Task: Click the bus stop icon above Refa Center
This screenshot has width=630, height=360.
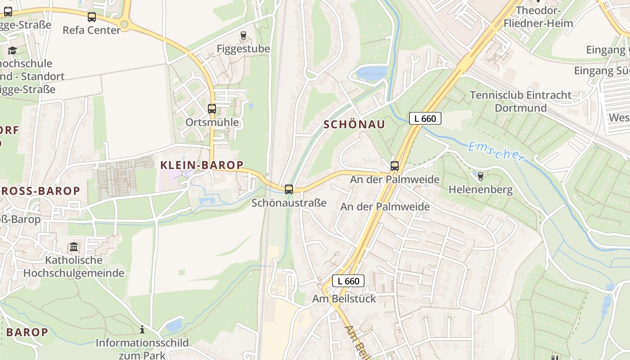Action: click(92, 17)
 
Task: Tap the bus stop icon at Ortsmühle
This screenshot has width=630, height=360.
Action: click(211, 108)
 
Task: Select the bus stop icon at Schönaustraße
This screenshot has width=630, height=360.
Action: click(289, 189)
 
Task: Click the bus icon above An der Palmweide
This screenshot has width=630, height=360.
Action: click(395, 166)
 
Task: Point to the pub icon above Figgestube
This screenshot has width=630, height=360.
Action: click(243, 35)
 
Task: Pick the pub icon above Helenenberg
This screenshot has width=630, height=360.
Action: click(480, 176)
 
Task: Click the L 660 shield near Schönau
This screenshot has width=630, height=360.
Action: click(425, 118)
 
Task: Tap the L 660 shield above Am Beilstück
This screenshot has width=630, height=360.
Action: click(348, 281)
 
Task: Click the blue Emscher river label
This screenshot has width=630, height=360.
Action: click(496, 151)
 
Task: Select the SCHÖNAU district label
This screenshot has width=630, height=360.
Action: click(354, 125)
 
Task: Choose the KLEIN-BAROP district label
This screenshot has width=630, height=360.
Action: click(202, 165)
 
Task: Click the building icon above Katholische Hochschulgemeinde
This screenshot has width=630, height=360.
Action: click(74, 247)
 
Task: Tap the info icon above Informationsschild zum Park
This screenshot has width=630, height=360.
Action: click(142, 329)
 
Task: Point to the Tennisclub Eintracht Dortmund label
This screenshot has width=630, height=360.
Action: click(521, 101)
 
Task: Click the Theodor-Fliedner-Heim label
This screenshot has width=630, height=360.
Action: click(544, 17)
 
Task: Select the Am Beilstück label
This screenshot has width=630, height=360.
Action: click(344, 298)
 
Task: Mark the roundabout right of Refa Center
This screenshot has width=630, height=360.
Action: click(125, 24)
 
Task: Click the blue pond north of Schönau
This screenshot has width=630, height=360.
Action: click(372, 72)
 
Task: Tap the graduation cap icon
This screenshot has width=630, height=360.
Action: click(12, 50)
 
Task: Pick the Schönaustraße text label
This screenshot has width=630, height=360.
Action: click(289, 202)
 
